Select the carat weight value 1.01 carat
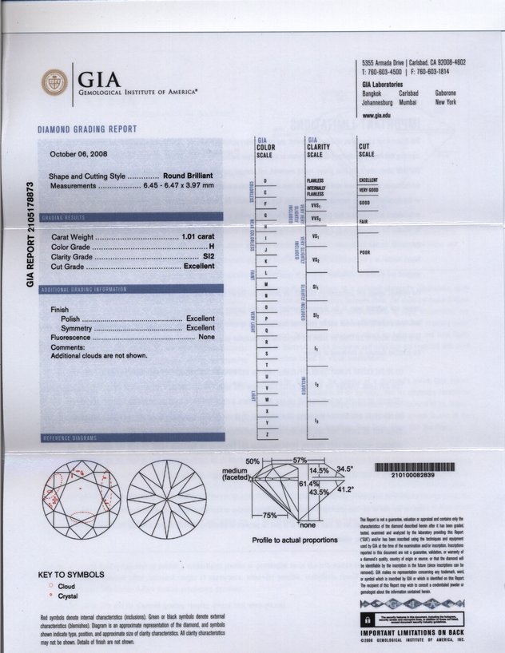pyautogui.click(x=198, y=237)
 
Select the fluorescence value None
pyautogui.click(x=206, y=338)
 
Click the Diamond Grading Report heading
pyautogui.click(x=87, y=129)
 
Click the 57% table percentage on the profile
pyautogui.click(x=300, y=461)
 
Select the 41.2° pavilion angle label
pyautogui.click(x=344, y=489)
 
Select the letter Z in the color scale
pyautogui.click(x=265, y=433)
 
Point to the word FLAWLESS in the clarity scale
pyautogui.click(x=314, y=180)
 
